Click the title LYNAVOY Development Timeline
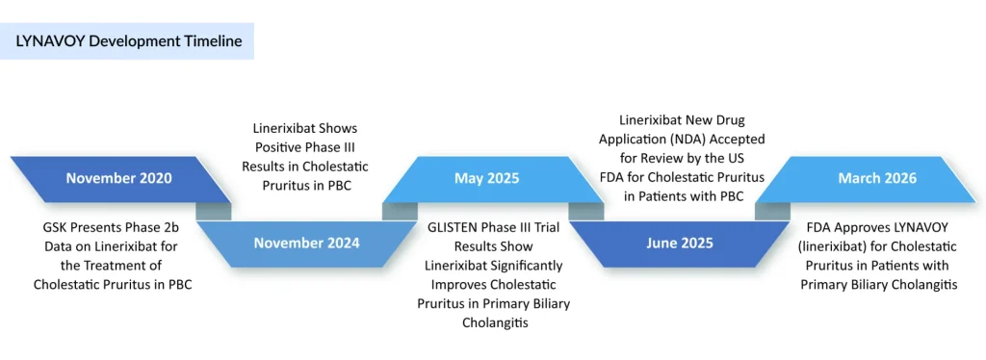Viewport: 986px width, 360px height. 129,41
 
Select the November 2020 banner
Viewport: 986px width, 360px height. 119,178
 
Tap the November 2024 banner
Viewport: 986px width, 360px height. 306,243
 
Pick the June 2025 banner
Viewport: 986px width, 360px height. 680,243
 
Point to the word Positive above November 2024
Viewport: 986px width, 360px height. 278,146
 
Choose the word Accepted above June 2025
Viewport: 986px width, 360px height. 761,140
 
